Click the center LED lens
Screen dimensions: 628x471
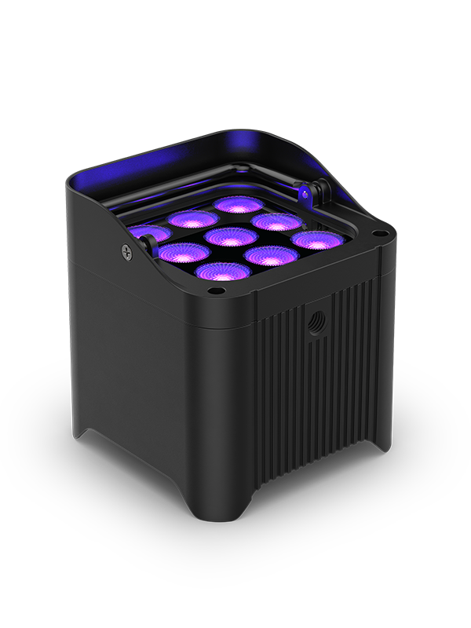[x=226, y=236]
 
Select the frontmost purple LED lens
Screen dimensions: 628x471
[x=223, y=272]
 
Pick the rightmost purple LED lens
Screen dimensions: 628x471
[x=319, y=239]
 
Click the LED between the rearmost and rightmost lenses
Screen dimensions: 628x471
[x=276, y=221]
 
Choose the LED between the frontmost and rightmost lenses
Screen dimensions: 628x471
[x=271, y=256]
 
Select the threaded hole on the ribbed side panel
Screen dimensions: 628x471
[x=317, y=323]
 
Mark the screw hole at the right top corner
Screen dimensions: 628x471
[x=380, y=233]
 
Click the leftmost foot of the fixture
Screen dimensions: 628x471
[x=82, y=436]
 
